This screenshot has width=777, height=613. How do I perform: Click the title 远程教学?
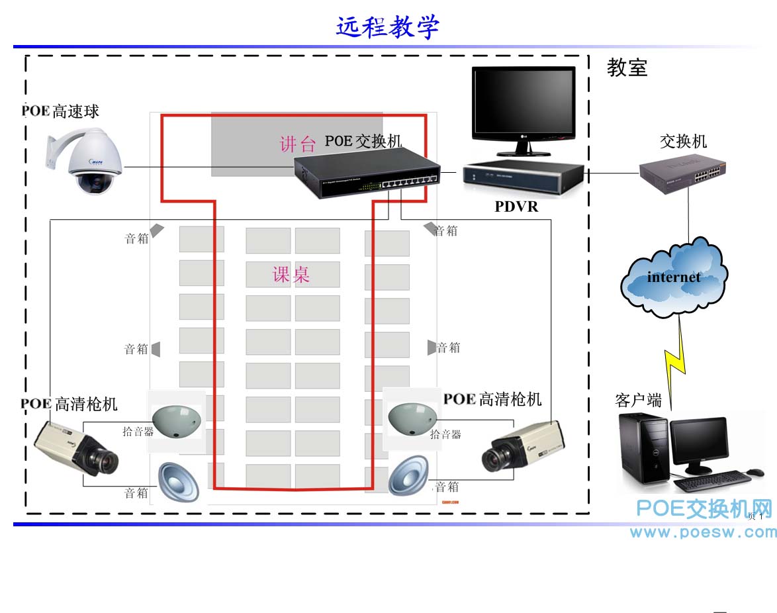[388, 28]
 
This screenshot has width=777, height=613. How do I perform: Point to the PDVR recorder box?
[523, 177]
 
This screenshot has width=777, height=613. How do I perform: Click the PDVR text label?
[516, 207]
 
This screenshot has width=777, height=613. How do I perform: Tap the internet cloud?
[674, 277]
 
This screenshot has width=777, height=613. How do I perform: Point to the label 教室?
[627, 68]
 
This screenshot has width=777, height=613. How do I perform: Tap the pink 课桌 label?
[291, 274]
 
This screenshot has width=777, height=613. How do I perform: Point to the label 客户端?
[638, 401]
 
